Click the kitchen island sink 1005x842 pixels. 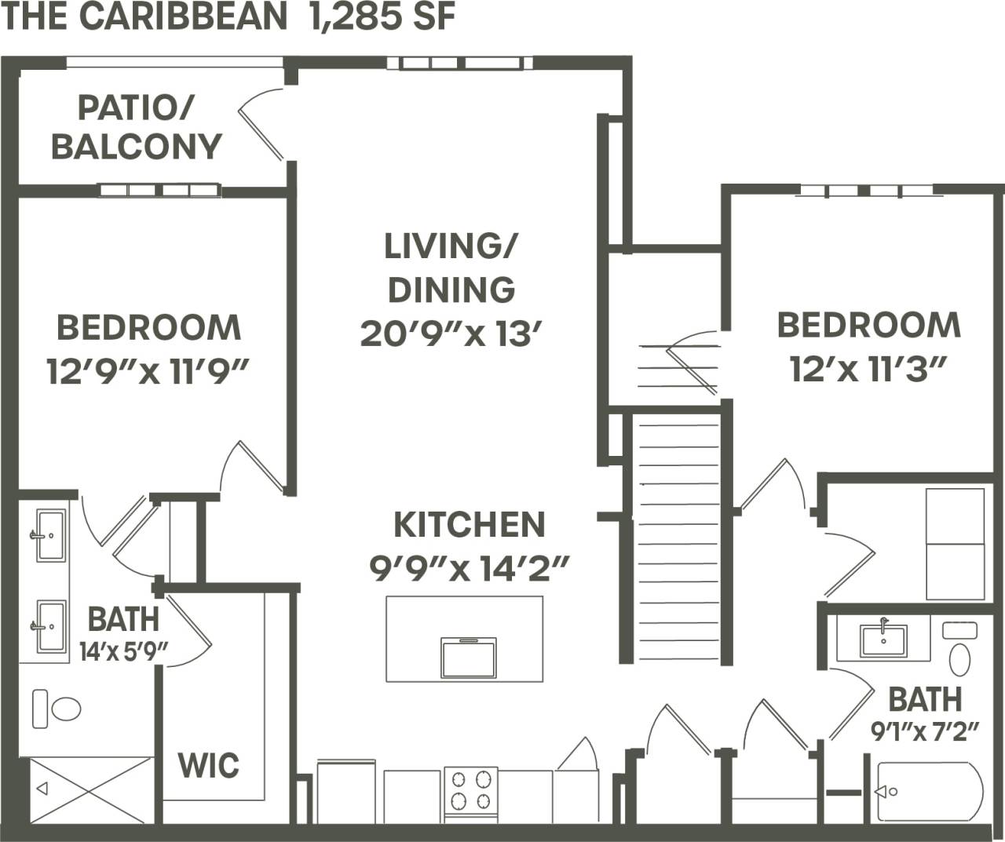pyautogui.click(x=468, y=657)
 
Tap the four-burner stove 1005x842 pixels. pyautogui.click(x=470, y=790)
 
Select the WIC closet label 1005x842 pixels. pyautogui.click(x=208, y=764)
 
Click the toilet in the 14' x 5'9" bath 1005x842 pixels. pyautogui.click(x=57, y=709)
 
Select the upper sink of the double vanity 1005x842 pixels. pyautogui.click(x=49, y=535)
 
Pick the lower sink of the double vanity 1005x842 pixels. pyautogui.click(x=49, y=625)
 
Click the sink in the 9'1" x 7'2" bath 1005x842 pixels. pyautogui.click(x=883, y=640)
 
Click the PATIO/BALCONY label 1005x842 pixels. pyautogui.click(x=136, y=127)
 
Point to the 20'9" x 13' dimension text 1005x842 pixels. pyautogui.click(x=451, y=334)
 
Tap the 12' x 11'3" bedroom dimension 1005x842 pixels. pyautogui.click(x=868, y=369)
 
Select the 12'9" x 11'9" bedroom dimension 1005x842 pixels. pyautogui.click(x=148, y=371)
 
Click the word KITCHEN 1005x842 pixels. pyautogui.click(x=469, y=525)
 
